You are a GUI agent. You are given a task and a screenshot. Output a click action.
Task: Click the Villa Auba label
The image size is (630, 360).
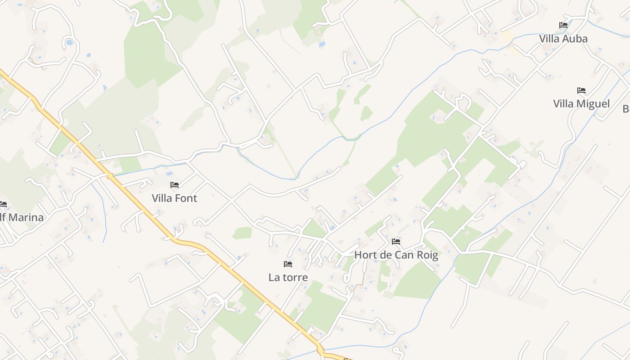point(563,39)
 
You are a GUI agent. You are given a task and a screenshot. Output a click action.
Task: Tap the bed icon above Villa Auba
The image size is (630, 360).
point(563,25)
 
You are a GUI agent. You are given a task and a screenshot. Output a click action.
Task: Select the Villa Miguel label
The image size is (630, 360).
point(581,104)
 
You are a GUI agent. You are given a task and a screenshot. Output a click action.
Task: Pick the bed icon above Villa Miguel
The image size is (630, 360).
point(581,90)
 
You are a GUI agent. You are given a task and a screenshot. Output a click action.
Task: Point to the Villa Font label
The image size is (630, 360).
point(175,198)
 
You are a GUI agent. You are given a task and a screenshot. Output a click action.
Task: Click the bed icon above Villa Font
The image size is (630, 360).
point(175,184)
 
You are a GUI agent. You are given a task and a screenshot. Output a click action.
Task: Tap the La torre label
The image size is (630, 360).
point(288,277)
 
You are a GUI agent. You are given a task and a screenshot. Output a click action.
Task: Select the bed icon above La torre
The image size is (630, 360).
point(288,264)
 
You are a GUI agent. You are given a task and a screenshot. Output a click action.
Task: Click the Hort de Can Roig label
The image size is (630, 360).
point(396,255)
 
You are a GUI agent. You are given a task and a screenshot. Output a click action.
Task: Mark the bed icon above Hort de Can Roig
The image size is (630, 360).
point(396,242)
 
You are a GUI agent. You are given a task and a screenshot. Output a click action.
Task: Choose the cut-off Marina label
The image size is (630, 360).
point(22,218)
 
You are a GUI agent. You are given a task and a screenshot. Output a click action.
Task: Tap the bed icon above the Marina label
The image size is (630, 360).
point(3,204)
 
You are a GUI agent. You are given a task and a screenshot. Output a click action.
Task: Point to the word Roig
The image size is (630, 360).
point(427,255)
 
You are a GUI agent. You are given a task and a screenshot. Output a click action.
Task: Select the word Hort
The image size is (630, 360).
point(365,255)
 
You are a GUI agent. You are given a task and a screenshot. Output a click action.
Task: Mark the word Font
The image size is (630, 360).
point(186,198)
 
